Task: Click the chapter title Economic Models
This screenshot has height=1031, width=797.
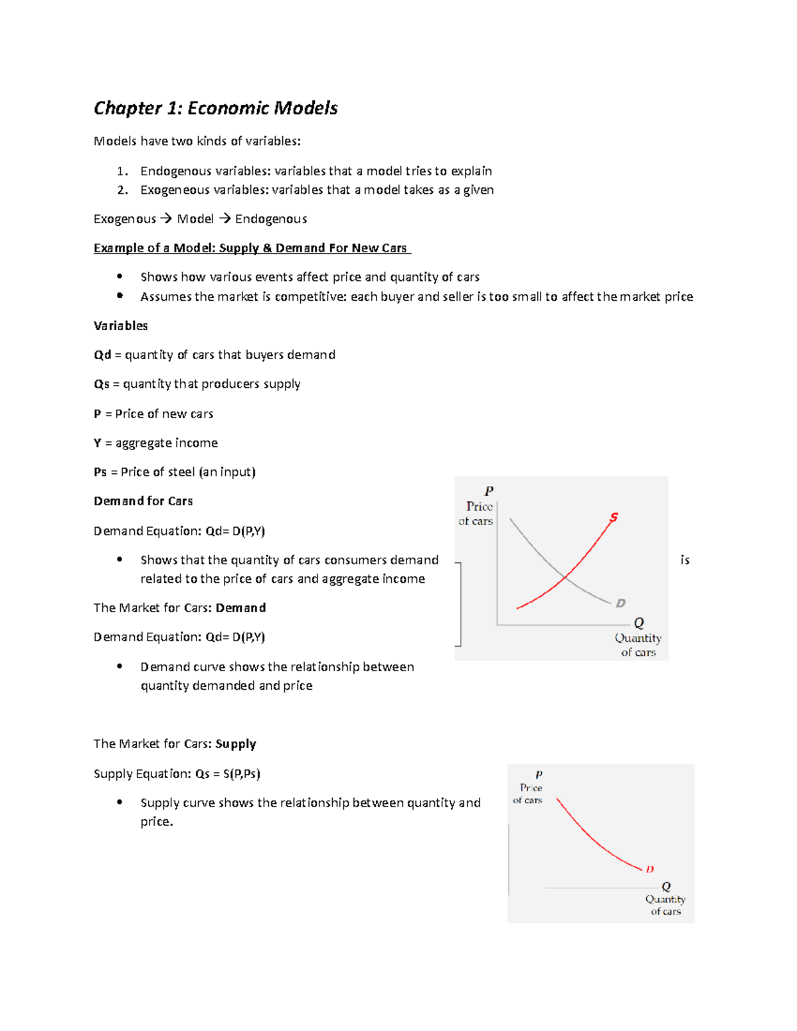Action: coord(216,108)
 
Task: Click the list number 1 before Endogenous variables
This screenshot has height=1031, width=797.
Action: coord(122,171)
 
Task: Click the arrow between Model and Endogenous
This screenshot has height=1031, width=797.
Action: coord(224,219)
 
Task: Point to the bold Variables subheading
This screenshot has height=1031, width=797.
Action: coord(121,326)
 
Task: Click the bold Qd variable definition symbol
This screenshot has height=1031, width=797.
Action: coord(102,355)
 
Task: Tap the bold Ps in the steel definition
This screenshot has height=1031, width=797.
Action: coord(100,472)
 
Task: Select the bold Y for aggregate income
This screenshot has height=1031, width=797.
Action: coord(98,443)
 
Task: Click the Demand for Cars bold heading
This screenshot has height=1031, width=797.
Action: coord(143,501)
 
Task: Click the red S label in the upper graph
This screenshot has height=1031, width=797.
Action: coord(614,517)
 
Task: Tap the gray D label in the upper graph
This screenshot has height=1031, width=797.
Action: coord(620,603)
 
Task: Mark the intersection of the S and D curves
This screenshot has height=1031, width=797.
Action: coord(565,577)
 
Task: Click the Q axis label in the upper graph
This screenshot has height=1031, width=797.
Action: coord(639,623)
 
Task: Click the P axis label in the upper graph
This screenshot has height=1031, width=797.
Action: coord(489,491)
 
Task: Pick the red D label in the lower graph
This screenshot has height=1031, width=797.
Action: coord(650,869)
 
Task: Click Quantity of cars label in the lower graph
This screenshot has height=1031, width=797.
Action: coord(665,905)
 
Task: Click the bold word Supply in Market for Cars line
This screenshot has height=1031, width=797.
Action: coord(236,744)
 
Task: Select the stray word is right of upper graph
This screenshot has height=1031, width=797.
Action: coord(685,560)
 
